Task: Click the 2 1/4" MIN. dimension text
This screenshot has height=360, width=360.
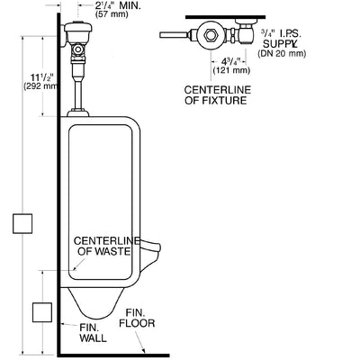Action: (x=118, y=5)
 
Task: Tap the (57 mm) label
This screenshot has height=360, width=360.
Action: (x=112, y=14)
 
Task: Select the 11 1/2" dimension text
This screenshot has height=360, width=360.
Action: (x=42, y=76)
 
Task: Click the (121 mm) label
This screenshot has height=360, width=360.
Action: (x=231, y=70)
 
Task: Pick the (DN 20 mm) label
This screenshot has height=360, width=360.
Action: (x=282, y=54)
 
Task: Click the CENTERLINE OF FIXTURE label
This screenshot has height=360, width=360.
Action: (x=218, y=95)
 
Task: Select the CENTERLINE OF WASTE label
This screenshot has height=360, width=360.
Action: (x=107, y=246)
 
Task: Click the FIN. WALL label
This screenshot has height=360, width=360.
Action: (x=93, y=333)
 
